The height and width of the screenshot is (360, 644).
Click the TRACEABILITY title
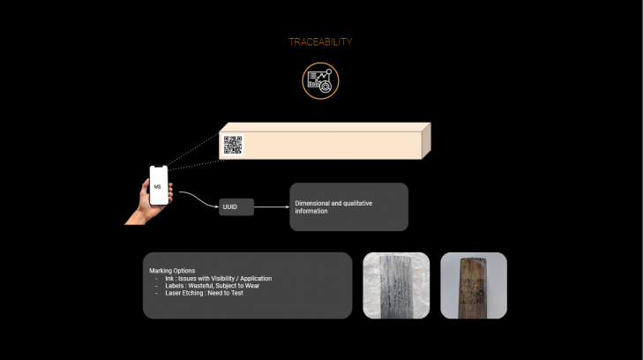(320, 41)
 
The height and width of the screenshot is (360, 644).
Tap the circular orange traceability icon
(320, 80)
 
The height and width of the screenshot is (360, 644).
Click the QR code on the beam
(233, 145)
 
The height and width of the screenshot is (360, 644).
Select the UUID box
(236, 206)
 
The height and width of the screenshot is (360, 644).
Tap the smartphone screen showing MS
(158, 186)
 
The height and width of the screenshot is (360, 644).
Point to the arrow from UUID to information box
(272, 206)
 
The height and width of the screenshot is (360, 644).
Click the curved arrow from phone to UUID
(198, 199)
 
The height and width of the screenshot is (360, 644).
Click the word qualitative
(358, 203)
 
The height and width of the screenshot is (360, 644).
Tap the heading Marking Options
(172, 271)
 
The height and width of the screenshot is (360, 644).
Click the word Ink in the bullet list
(169, 278)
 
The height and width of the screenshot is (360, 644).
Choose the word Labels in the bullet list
(175, 285)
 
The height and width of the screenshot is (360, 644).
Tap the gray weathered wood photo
(396, 285)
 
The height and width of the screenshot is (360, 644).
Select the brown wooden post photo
(473, 285)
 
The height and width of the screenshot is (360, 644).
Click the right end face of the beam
(425, 140)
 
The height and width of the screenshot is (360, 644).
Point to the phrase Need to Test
(227, 292)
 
